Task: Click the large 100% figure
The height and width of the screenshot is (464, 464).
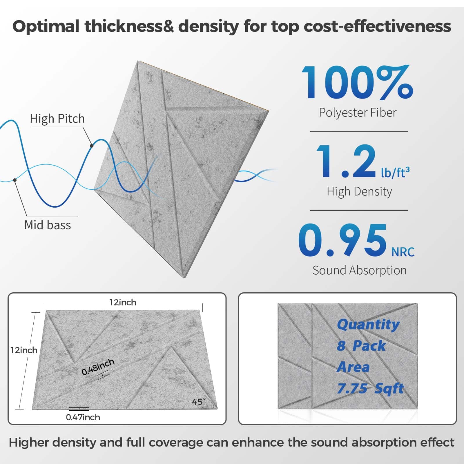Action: [x=357, y=83]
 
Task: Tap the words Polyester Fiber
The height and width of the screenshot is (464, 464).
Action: [x=358, y=113]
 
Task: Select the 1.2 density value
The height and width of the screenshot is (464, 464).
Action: [x=346, y=161]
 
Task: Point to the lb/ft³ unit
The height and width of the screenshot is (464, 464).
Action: [x=395, y=173]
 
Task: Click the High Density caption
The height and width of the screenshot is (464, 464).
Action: [x=359, y=192]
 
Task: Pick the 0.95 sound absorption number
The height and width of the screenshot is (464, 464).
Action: [x=343, y=241]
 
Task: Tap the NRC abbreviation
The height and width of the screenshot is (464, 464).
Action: [x=403, y=252]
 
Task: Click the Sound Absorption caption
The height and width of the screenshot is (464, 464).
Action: [x=359, y=270]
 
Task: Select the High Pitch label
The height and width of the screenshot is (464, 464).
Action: [x=57, y=119]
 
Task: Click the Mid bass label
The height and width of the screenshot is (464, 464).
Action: [x=48, y=225]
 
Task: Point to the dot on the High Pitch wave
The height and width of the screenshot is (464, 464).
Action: [x=92, y=146]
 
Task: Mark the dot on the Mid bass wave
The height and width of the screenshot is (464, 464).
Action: [x=15, y=180]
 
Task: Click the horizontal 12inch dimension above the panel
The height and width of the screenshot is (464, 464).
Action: [x=123, y=302]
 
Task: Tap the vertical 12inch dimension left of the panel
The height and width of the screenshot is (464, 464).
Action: [x=24, y=350]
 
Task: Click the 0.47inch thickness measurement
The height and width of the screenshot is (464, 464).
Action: [x=83, y=417]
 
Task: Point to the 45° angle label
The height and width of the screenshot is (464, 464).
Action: [x=198, y=402]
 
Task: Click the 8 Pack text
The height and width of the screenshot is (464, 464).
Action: [x=361, y=346]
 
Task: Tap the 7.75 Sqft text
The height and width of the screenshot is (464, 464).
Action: [x=370, y=388]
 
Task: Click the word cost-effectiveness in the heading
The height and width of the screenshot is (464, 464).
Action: [x=377, y=26]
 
